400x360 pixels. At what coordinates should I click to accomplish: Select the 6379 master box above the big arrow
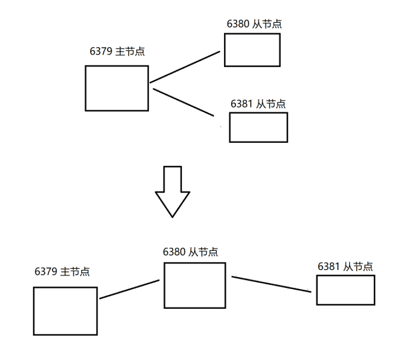(x=117, y=88)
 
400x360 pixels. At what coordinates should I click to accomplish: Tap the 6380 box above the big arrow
(x=252, y=50)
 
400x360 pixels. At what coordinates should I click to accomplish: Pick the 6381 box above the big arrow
(x=258, y=127)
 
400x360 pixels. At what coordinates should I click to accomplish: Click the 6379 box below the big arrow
(x=65, y=311)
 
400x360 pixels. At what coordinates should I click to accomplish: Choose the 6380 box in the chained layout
(x=195, y=285)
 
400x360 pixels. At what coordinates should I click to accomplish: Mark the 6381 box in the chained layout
(x=346, y=290)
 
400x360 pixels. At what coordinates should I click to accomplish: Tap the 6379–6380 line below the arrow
(x=129, y=290)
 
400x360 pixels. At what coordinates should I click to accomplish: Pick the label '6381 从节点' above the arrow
(x=258, y=104)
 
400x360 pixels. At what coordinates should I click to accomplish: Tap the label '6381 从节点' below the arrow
(x=346, y=266)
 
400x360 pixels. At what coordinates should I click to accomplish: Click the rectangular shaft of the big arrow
(x=172, y=179)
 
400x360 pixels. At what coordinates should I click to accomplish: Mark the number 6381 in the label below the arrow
(x=329, y=266)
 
